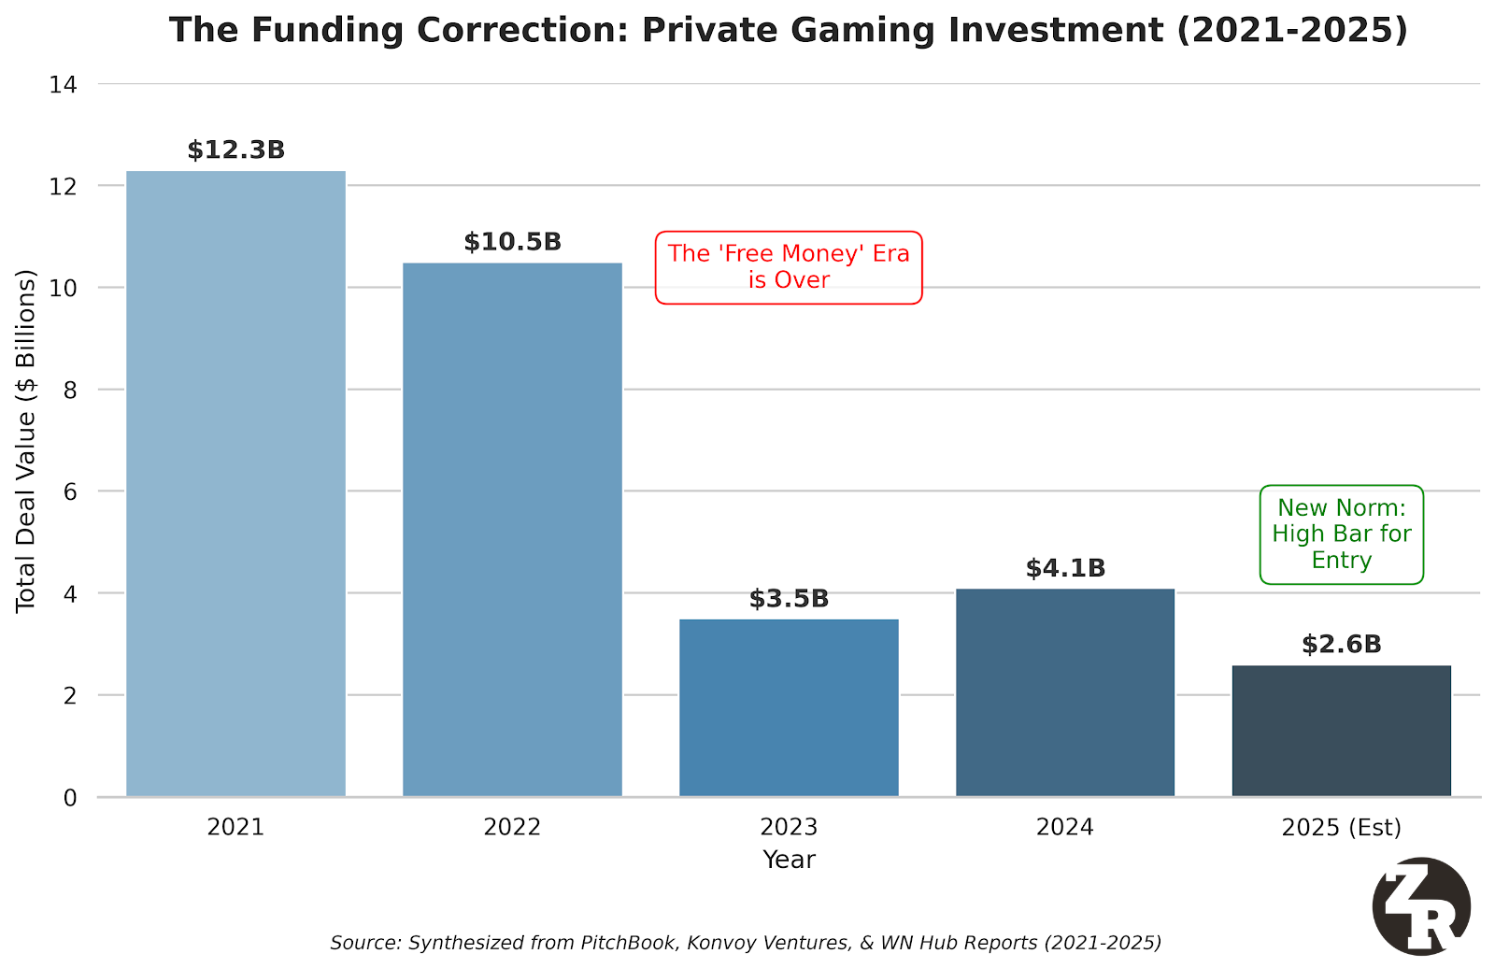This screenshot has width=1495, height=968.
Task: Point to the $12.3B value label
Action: (235, 150)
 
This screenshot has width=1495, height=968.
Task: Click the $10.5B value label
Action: (512, 242)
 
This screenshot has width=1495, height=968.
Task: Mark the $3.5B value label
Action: (789, 599)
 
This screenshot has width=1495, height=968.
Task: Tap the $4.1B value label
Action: (1065, 568)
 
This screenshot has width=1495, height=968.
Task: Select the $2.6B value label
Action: (1342, 645)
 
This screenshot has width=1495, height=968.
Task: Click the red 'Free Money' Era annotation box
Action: (789, 267)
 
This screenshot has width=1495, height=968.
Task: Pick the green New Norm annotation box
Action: (1342, 534)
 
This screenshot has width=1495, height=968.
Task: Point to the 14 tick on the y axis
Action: (63, 85)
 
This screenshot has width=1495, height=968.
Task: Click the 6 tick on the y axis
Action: (69, 491)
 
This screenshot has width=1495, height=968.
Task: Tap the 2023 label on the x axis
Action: (789, 827)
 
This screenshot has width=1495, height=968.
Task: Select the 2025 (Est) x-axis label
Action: (1342, 827)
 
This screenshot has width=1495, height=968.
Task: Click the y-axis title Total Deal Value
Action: (26, 441)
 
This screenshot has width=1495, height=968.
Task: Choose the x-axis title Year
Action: (789, 860)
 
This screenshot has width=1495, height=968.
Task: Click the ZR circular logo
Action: (1421, 906)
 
